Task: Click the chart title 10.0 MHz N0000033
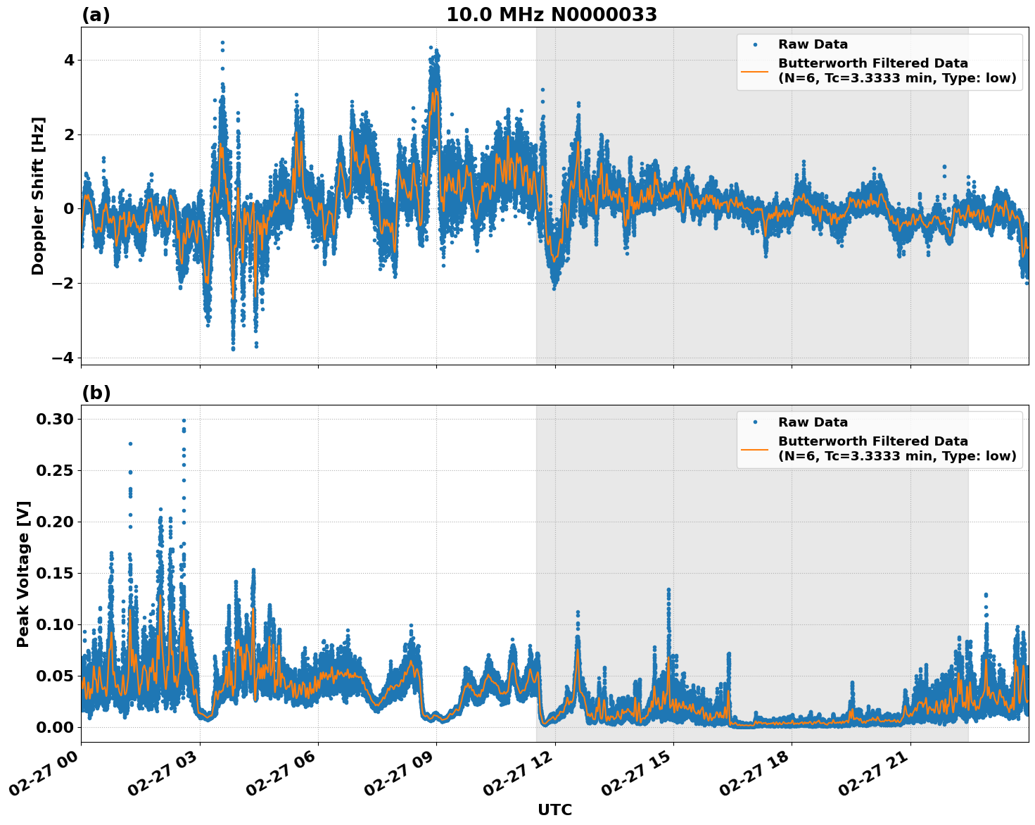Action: tap(552, 15)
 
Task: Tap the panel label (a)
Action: tap(96, 15)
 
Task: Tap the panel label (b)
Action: tap(96, 393)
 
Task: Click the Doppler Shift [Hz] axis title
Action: tap(38, 196)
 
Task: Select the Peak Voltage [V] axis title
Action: tap(23, 574)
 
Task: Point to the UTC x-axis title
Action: tap(554, 810)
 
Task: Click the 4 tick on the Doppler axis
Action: tap(68, 60)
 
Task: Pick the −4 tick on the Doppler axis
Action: tap(63, 358)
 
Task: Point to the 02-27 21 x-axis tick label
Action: tap(881, 774)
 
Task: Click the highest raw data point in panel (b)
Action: tap(184, 421)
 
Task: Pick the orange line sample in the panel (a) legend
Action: tap(755, 70)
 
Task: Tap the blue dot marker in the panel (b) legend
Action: tap(755, 422)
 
